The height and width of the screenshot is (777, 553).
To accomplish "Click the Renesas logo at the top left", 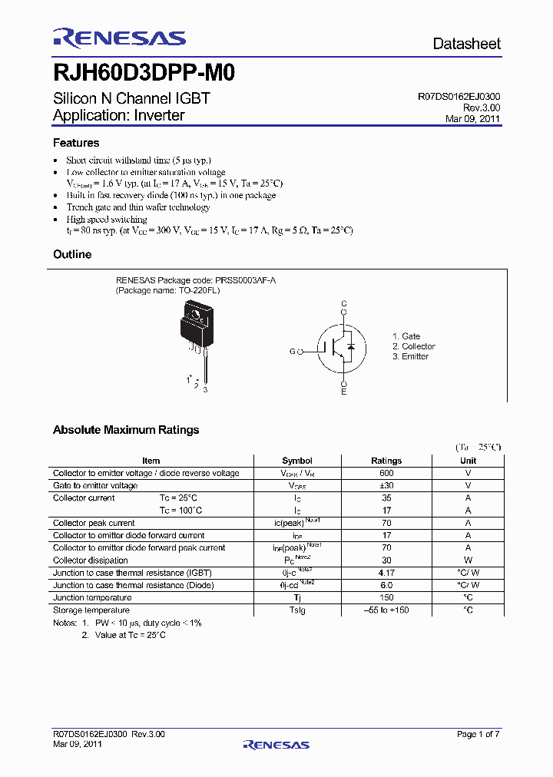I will click(119, 38).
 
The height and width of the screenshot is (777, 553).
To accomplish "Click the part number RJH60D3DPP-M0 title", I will click(144, 73).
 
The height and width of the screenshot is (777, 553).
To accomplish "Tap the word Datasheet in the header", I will click(466, 44).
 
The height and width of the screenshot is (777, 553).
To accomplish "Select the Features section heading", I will click(76, 143).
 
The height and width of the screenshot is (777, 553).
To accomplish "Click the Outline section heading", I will click(72, 254).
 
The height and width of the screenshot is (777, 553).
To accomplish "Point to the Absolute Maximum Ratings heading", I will click(126, 430).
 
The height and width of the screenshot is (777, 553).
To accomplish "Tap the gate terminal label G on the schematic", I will click(293, 352).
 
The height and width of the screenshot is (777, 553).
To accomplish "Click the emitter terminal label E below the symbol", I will click(344, 392).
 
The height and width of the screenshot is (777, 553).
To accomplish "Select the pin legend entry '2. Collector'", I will click(413, 346).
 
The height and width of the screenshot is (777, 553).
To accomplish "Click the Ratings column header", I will click(386, 461).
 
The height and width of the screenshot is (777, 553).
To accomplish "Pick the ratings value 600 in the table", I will click(386, 473).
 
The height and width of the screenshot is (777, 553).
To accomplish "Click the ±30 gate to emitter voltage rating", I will click(386, 485).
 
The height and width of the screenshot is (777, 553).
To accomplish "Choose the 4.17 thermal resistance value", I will click(386, 573).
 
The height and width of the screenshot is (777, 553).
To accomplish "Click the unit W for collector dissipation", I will click(468, 560).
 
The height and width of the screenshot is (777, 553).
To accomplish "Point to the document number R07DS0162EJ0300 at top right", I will click(459, 97).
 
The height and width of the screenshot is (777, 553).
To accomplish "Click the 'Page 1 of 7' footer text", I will click(478, 734).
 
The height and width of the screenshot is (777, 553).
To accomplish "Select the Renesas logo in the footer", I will click(276, 744).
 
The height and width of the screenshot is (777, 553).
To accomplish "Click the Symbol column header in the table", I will click(297, 461).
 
